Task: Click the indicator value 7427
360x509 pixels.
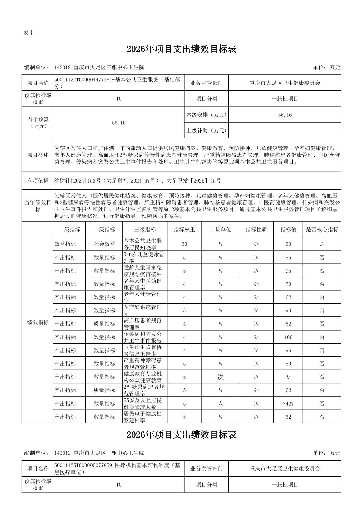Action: coord(288,404)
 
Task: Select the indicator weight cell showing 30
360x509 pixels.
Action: coord(184,244)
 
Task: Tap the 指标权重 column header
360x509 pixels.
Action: coord(184,230)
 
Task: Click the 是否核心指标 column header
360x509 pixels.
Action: coord(322,230)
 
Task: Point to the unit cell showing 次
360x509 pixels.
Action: coord(220,377)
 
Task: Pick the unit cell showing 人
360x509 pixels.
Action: coord(220,404)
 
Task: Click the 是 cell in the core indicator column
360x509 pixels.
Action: coord(322,244)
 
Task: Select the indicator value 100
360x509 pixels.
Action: coord(288,337)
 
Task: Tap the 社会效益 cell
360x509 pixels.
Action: coord(104,244)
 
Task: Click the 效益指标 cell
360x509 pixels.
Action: coord(65,244)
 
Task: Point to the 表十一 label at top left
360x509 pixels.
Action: coord(32,33)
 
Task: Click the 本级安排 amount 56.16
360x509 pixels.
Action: coord(285,115)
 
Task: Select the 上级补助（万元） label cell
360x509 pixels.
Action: coord(206,130)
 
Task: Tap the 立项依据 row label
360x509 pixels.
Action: coord(38,181)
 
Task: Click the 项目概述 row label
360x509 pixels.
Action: coord(38,155)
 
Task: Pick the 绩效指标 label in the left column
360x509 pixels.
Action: coord(38,322)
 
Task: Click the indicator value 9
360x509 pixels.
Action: coord(288,377)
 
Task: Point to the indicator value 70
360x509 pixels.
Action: coord(288,284)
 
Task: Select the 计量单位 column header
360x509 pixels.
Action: coord(220,230)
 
